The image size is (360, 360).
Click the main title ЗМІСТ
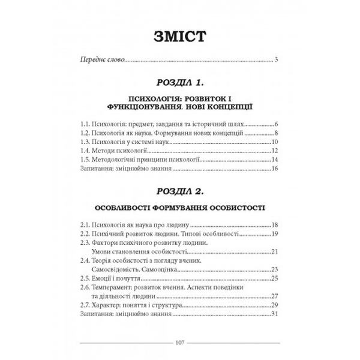pyautogui.click(x=179, y=35)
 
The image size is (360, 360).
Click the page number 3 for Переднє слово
pyautogui.click(x=276, y=59)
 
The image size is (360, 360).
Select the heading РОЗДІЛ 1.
pyautogui.click(x=179, y=81)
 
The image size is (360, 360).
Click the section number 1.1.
pyautogui.click(x=86, y=122)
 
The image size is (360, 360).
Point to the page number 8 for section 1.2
pyautogui.click(x=276, y=133)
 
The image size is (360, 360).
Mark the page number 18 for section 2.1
pyautogui.click(x=274, y=224)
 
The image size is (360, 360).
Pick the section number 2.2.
pyautogui.click(x=86, y=233)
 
